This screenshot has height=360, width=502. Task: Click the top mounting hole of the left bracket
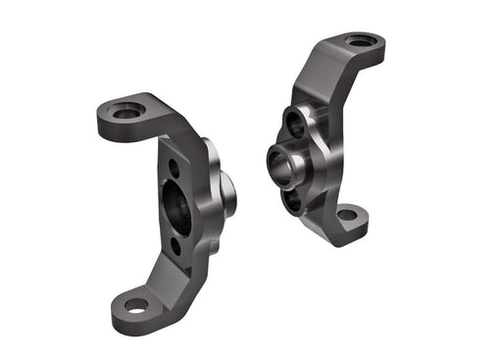coord(126,111)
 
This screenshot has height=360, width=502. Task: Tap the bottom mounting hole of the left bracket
coord(135,305)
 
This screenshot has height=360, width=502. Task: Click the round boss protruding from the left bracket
coord(227,192)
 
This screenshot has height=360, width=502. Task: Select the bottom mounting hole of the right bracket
coord(346,213)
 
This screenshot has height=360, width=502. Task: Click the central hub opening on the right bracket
coord(282,162)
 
